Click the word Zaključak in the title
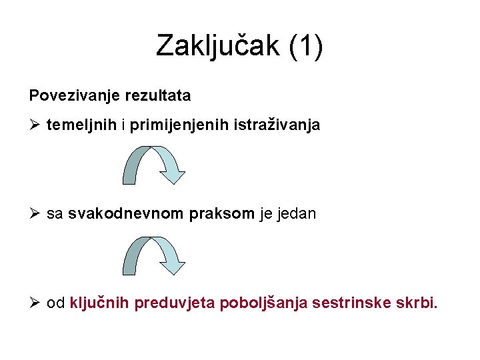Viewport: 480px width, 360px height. [213, 47]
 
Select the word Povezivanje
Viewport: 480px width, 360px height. [74, 96]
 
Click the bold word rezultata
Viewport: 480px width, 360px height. [157, 96]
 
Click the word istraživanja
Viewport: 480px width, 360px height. [276, 125]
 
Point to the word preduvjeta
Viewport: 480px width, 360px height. [175, 304]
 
